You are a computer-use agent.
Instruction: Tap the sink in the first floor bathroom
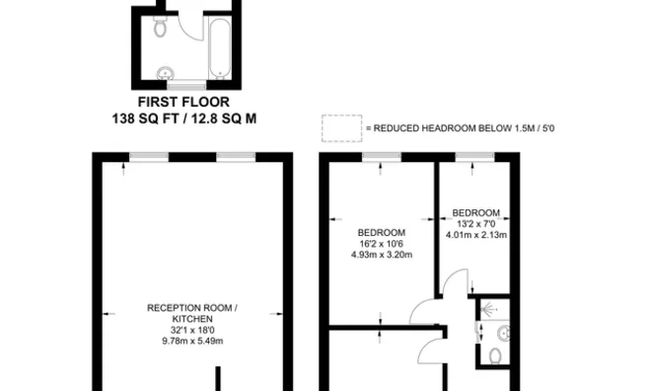click(168, 72)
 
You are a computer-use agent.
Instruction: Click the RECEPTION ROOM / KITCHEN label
click(192, 313)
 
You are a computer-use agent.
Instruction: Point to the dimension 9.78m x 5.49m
click(192, 341)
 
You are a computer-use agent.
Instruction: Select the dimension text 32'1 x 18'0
click(192, 330)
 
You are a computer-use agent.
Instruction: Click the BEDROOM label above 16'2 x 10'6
click(381, 233)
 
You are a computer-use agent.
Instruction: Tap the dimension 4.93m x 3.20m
click(381, 255)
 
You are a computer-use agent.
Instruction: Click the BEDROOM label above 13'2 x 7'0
click(475, 213)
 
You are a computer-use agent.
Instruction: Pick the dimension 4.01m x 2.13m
click(475, 235)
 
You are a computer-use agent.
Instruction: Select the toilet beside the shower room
click(496, 354)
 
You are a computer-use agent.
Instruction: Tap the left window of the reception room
click(149, 156)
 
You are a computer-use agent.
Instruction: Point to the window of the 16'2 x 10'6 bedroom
click(381, 156)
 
